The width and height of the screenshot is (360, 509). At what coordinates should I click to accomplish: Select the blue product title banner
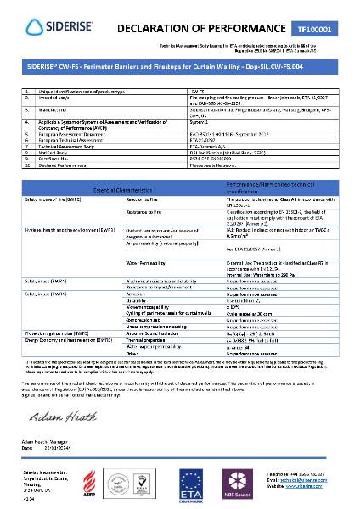(x=179, y=64)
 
